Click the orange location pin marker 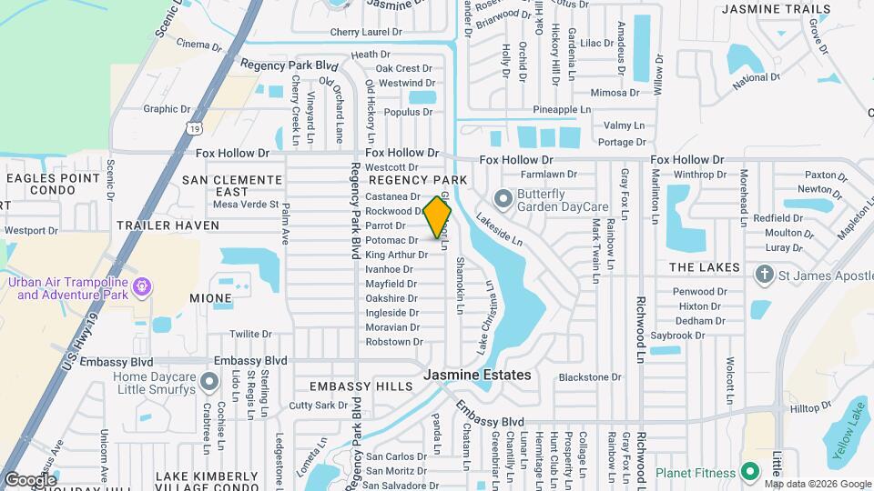click(x=438, y=217)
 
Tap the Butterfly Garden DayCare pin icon click(x=502, y=198)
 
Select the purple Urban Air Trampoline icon click(x=141, y=288)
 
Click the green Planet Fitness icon click(x=750, y=472)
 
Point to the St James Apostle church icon click(x=765, y=274)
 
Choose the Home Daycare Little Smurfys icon click(x=210, y=382)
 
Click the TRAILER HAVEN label click(x=168, y=225)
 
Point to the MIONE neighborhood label click(x=210, y=298)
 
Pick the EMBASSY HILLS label click(x=361, y=386)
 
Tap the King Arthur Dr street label click(x=395, y=255)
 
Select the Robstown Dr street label click(x=393, y=342)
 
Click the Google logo click(x=29, y=479)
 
